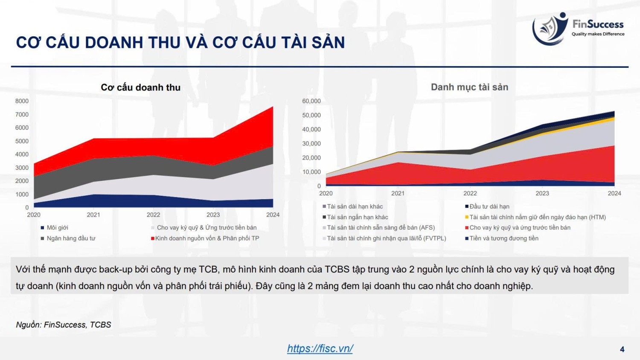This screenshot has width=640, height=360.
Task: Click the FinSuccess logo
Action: pos(578,29)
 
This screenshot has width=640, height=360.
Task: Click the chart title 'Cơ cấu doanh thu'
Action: pos(140,87)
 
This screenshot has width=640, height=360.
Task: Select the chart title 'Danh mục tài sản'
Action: pos(469,87)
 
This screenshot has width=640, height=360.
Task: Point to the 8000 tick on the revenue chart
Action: pos(22,101)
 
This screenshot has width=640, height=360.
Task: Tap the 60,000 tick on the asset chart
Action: pos(311,101)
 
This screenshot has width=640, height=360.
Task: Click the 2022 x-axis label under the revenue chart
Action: pos(154,215)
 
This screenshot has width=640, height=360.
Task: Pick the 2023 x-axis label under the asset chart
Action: pos(542,193)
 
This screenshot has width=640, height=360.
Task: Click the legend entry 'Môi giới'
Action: pos(55,227)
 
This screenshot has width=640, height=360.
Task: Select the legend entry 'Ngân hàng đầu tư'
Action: pos(68,238)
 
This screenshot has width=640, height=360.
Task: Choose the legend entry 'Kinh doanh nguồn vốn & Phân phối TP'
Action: pos(205,238)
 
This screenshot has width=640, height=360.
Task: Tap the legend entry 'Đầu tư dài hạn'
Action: pos(487,206)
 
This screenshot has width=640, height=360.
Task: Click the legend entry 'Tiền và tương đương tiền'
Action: pos(502,238)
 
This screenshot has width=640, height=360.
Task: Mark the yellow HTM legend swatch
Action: pos(467,217)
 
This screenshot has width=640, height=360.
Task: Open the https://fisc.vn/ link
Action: pos(320,348)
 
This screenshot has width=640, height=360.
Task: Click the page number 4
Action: pos(622,349)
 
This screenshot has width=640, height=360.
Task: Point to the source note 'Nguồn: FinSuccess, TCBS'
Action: pos(64,325)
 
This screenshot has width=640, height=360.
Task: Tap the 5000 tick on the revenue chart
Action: pos(22,141)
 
